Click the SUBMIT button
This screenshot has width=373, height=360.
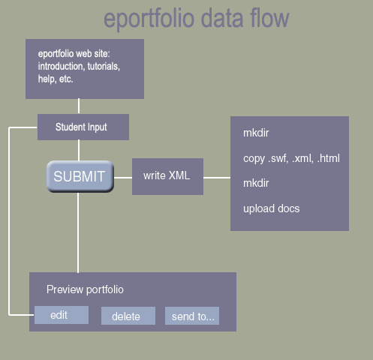[x=80, y=176]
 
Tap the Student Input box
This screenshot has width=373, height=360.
[x=83, y=127]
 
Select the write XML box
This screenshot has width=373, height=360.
[x=167, y=176]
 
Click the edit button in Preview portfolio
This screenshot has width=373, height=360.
[x=62, y=315]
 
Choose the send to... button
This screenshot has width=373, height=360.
[x=192, y=316]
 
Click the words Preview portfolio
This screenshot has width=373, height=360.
[x=85, y=289]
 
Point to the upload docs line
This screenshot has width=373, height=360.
[x=272, y=208]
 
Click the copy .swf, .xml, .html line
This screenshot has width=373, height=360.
[x=291, y=158]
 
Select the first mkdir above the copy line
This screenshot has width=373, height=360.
[x=256, y=133]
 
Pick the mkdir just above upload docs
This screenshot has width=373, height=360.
[x=256, y=183]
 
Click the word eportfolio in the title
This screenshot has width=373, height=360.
[x=149, y=19]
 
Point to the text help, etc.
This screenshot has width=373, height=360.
[x=56, y=79]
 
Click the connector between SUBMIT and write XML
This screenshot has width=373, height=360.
[x=123, y=178]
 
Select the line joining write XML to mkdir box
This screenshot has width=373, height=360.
[x=217, y=178]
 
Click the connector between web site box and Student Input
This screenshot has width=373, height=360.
[x=79, y=106]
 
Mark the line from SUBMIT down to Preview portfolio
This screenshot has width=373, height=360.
[x=78, y=232]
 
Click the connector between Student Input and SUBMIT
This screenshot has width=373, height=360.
[x=79, y=150]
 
